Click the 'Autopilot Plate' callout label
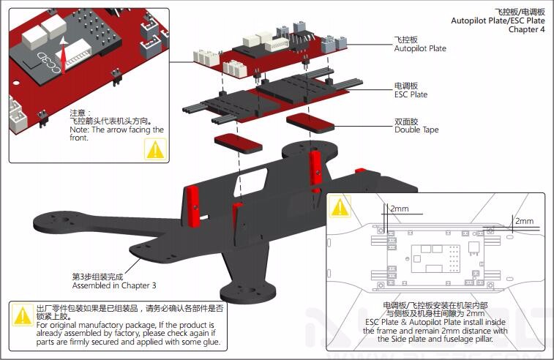[x=419, y=48]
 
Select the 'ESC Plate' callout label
[x=411, y=94]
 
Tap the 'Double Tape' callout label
[x=416, y=130]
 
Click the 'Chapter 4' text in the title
[x=526, y=30]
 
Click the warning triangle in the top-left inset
[x=155, y=149]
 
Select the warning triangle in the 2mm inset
[x=340, y=206]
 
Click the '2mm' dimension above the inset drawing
[x=400, y=209]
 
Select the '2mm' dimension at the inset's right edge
[x=524, y=221]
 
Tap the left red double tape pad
[x=239, y=140]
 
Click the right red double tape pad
[x=305, y=121]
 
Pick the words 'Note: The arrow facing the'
[x=117, y=130]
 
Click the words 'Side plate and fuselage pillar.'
[x=435, y=339]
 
